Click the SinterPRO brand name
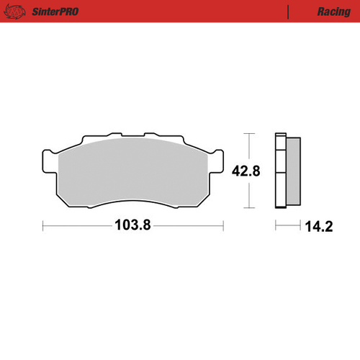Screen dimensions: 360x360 [x=55, y=12]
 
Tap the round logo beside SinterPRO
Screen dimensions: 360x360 [x=19, y=12]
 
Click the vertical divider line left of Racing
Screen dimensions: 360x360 [x=289, y=12]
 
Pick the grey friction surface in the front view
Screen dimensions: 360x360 [x=132, y=173]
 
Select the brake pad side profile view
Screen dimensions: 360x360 [x=288, y=171]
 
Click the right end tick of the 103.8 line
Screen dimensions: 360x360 [x=222, y=225]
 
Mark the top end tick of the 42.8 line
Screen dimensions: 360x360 [x=250, y=134]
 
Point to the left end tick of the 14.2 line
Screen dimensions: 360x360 [x=276, y=225]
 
